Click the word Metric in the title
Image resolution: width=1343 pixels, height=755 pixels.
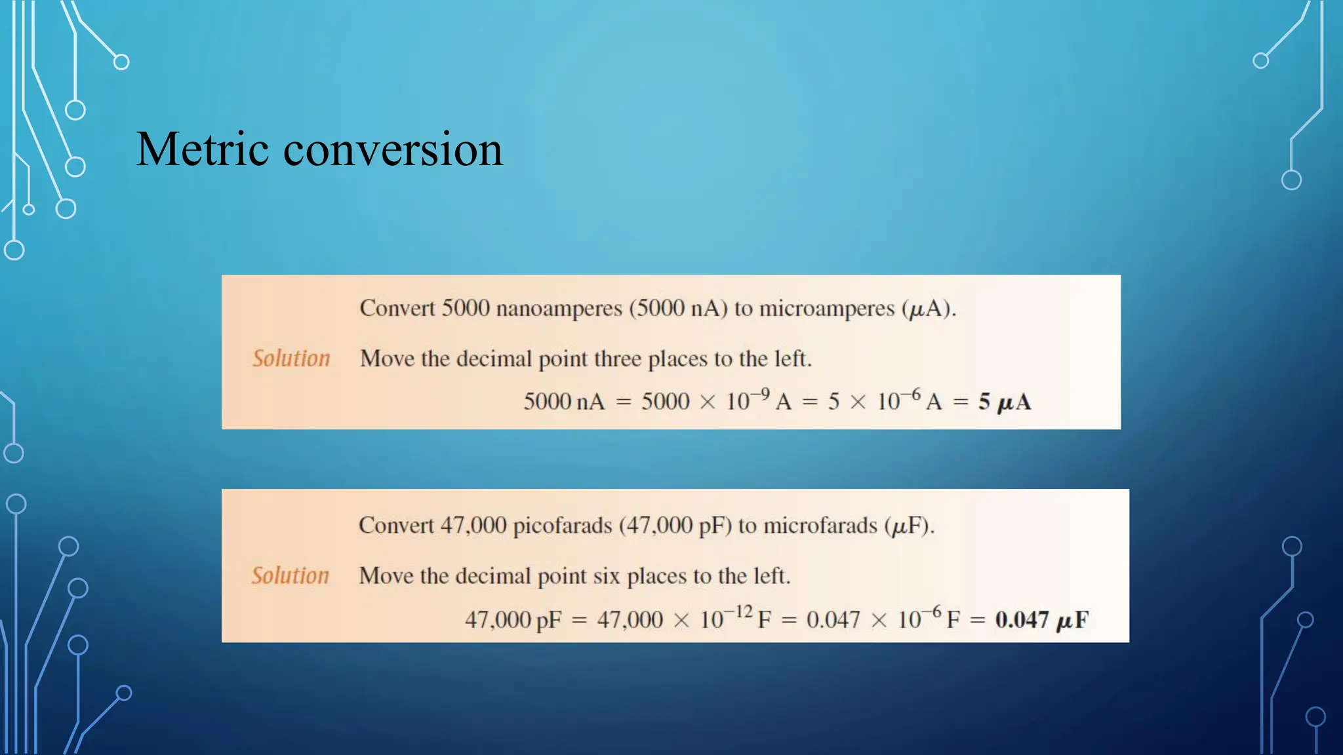202,149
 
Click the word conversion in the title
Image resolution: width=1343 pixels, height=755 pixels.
393,149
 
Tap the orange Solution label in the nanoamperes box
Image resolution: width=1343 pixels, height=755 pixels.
291,358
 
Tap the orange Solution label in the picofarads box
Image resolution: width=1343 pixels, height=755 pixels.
290,575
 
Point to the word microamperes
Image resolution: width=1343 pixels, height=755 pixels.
826,308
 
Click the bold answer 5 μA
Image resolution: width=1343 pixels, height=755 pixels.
1004,402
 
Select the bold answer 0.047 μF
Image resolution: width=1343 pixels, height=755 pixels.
1041,619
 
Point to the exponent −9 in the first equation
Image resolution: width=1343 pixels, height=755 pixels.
761,395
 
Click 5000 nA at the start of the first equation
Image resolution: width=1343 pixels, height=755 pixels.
563,402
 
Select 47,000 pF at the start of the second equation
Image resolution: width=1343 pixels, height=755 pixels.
513,619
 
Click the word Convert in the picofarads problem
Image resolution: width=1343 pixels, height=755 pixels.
396,526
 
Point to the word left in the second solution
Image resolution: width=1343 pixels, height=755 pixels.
769,576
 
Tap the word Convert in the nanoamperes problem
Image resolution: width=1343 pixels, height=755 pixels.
397,308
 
